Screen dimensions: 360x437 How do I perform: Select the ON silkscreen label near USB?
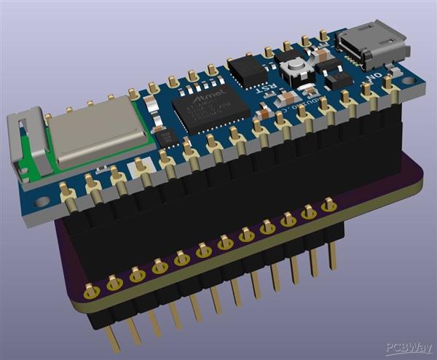(x=374, y=76)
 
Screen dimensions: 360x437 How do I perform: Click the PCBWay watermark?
(x=408, y=348)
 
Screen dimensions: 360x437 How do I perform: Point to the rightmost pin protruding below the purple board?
(x=333, y=256)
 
